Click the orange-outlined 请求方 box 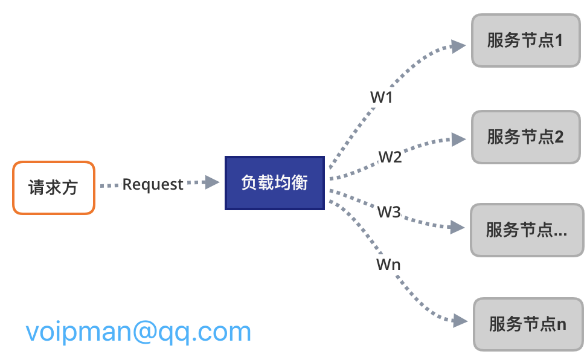pyautogui.click(x=53, y=187)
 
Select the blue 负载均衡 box pyautogui.click(x=275, y=183)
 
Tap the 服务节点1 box pyautogui.click(x=525, y=40)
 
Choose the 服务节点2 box pyautogui.click(x=525, y=137)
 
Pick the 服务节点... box pyautogui.click(x=527, y=230)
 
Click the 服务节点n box pyautogui.click(x=528, y=324)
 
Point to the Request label pyautogui.click(x=153, y=184)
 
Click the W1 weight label pyautogui.click(x=381, y=97)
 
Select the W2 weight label pyautogui.click(x=390, y=157)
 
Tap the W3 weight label pyautogui.click(x=389, y=212)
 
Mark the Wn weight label pyautogui.click(x=388, y=264)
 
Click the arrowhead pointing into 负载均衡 pyautogui.click(x=212, y=182)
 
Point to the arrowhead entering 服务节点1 pyautogui.click(x=458, y=46)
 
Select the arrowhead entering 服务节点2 pyautogui.click(x=459, y=140)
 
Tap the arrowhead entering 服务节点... pyautogui.click(x=457, y=228)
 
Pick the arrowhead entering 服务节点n pyautogui.click(x=460, y=321)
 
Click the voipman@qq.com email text pyautogui.click(x=138, y=332)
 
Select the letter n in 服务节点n pyautogui.click(x=562, y=325)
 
